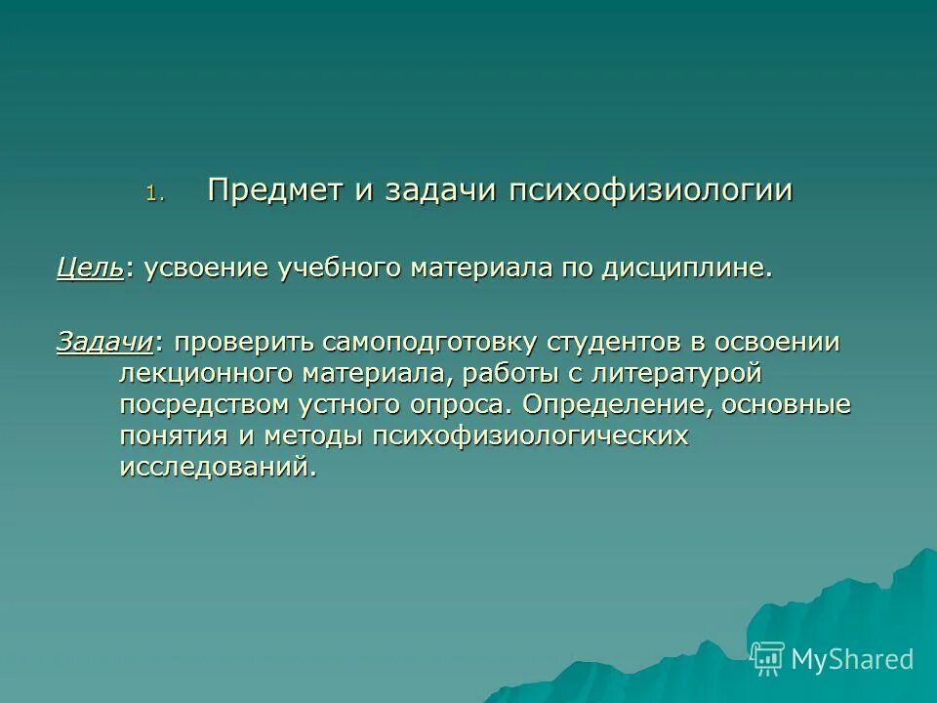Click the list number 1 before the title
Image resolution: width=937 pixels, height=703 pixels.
151,193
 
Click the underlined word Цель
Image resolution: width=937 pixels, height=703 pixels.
90,269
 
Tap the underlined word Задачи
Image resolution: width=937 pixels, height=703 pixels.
104,343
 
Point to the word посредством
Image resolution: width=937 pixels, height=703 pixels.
190,405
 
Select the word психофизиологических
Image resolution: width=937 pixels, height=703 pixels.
530,436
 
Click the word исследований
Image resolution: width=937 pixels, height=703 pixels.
219,468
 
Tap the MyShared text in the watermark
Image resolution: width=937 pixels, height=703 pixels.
852,659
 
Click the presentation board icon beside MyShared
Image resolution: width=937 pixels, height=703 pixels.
768,659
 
